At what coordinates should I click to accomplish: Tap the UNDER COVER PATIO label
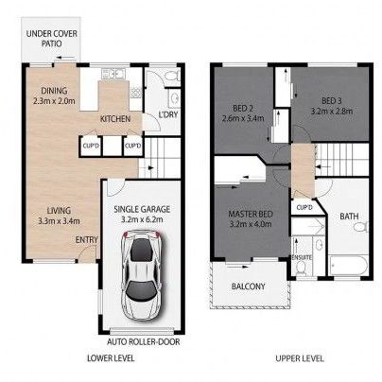click(52, 38)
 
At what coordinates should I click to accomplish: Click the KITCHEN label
click(114, 119)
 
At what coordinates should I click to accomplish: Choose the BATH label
click(350, 216)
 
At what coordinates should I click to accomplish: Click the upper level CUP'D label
click(304, 207)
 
